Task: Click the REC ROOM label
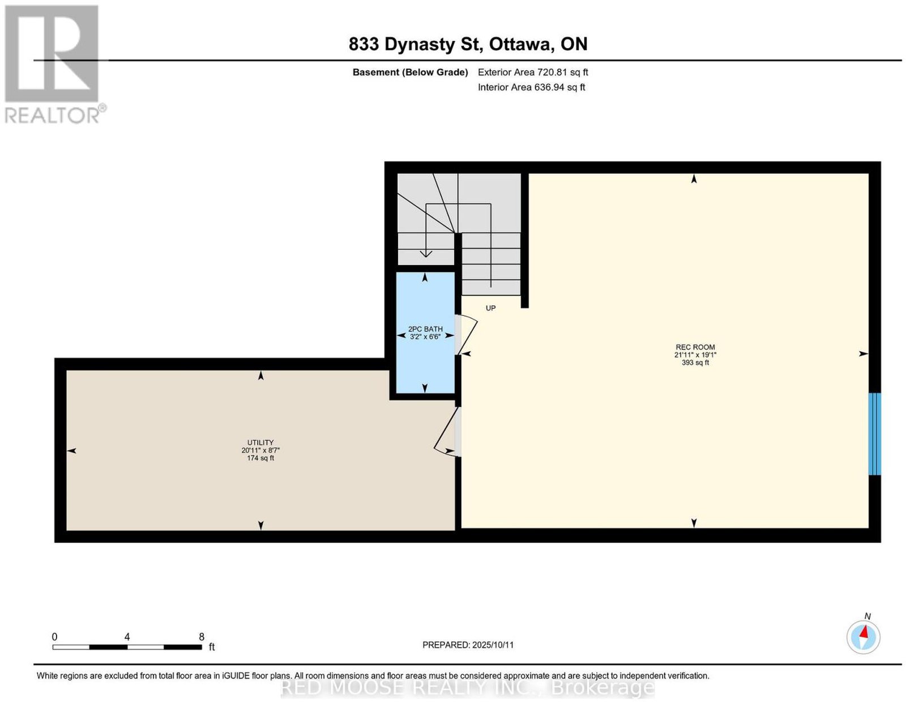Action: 695,347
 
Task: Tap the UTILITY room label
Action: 260,442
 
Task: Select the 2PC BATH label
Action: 425,329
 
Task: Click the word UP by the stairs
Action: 490,308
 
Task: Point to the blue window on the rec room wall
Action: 874,433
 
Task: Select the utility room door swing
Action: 445,432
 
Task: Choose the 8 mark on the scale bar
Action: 202,636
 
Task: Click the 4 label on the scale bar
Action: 127,636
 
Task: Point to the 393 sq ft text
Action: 695,363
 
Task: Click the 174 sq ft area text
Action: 260,458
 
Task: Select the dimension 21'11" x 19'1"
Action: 695,355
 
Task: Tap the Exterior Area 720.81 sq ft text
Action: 532,72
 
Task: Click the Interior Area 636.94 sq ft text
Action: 531,87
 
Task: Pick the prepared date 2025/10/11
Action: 493,645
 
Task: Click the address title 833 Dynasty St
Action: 416,44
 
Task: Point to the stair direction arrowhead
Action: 425,253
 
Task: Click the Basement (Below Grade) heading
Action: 411,72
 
